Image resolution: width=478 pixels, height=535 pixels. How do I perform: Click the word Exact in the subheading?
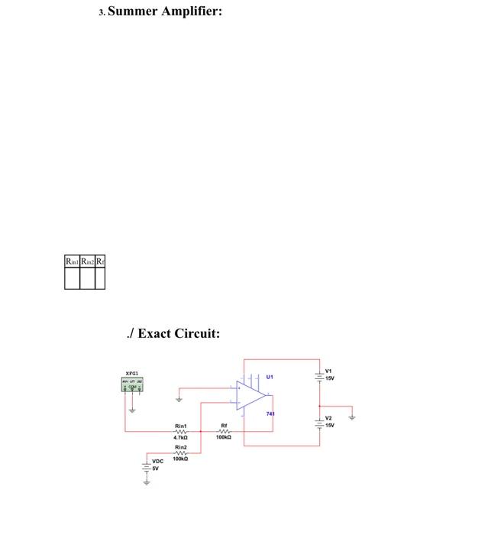[155, 333]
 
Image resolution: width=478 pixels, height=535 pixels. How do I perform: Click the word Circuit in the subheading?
[199, 333]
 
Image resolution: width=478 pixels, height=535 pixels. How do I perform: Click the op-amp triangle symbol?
[250, 396]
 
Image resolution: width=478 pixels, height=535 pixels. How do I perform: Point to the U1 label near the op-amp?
[270, 377]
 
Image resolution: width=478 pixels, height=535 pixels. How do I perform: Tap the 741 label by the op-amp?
[270, 413]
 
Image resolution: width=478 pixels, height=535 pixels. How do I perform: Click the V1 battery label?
[329, 371]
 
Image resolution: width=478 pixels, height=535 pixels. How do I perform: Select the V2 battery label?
[329, 418]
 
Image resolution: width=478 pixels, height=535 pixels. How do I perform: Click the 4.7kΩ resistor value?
[181, 438]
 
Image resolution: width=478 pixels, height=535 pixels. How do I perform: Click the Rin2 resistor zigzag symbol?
[181, 452]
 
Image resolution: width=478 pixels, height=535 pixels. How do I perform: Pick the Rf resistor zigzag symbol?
[224, 432]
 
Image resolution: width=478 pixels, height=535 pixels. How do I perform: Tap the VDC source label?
[157, 462]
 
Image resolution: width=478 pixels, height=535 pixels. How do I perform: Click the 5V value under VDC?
[155, 469]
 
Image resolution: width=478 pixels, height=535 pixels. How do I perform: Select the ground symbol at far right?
[351, 417]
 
